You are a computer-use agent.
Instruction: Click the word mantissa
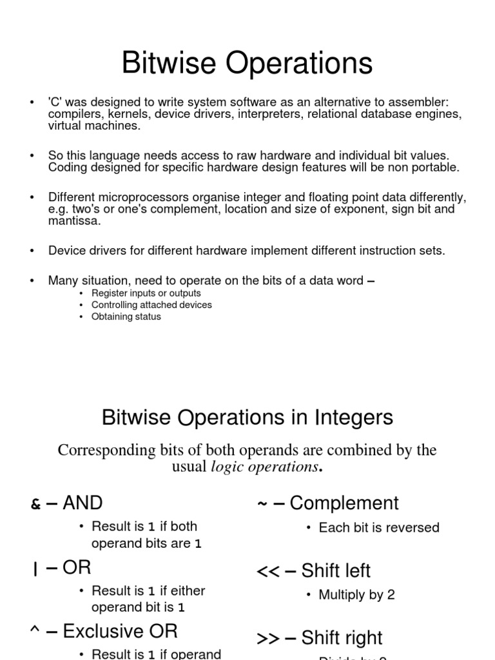[74, 220]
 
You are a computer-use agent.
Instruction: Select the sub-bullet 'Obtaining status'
[126, 316]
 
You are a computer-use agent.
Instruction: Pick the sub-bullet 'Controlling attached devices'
[151, 305]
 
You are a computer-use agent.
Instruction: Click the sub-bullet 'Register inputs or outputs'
[146, 293]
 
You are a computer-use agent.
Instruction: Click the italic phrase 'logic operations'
[265, 467]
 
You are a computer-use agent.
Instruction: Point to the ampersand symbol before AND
[35, 505]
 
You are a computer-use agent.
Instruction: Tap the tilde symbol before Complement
[262, 505]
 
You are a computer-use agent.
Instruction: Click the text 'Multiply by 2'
[356, 595]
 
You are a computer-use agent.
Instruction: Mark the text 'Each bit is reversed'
[379, 528]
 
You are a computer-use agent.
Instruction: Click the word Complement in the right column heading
[344, 503]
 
